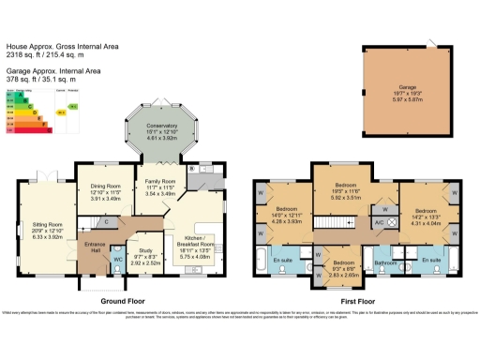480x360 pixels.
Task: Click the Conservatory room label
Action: pos(163,128)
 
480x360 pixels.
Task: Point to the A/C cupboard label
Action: pos(378,222)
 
